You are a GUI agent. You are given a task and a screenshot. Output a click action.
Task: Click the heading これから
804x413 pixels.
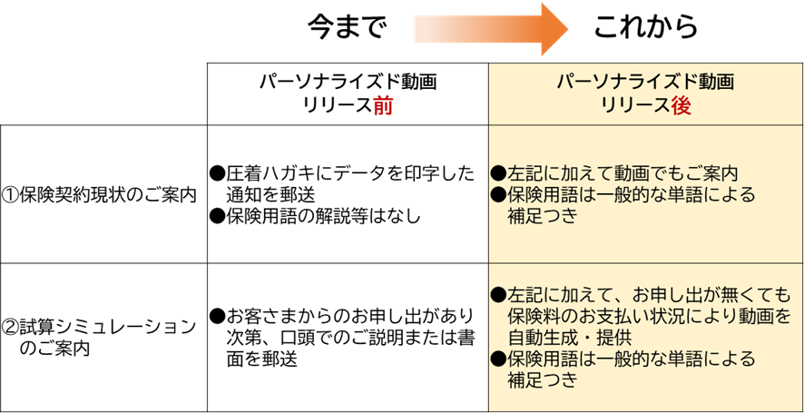click(x=646, y=26)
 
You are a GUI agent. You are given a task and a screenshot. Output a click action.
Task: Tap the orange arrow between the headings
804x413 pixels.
click(x=490, y=28)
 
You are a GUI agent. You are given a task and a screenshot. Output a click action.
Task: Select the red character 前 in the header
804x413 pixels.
click(x=382, y=105)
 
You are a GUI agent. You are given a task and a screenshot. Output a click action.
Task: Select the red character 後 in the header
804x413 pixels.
click(x=681, y=105)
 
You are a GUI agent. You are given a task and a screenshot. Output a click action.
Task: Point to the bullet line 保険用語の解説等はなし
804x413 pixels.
click(x=313, y=216)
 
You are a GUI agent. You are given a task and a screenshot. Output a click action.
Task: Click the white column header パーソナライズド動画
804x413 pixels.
click(x=348, y=83)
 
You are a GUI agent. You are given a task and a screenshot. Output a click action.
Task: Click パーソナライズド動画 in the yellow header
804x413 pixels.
click(x=646, y=83)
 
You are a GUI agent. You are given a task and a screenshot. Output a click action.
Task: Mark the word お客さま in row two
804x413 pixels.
click(x=258, y=316)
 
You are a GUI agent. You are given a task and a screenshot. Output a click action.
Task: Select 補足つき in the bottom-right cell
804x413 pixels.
click(x=543, y=380)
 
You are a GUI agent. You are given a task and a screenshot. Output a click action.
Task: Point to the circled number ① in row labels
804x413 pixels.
click(x=11, y=194)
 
